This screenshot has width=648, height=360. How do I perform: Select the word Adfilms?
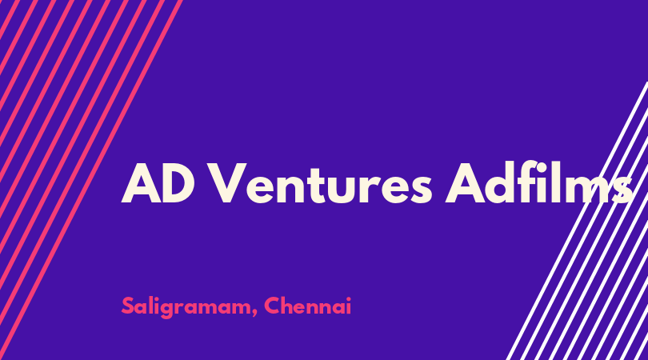pos(538,182)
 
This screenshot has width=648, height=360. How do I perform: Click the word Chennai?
pos(307,306)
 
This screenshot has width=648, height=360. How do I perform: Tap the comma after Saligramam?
pos(254,312)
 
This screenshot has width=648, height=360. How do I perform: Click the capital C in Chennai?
pos(273,306)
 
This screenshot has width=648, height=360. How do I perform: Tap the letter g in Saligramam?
pos(167,310)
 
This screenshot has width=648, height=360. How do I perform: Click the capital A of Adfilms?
pos(465,182)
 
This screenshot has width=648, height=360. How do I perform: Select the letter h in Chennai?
pos(290,306)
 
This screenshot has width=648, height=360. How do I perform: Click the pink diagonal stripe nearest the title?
pos(91,180)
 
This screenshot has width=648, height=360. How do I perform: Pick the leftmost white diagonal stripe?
pos(577,221)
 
